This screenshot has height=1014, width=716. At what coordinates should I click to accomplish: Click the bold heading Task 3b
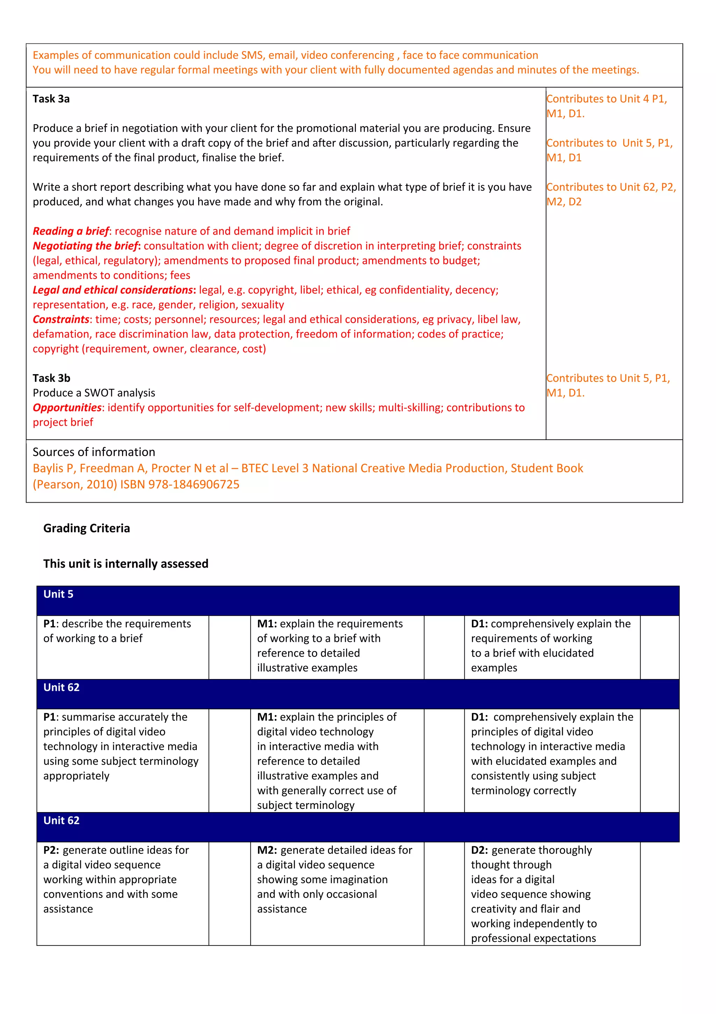point(51,378)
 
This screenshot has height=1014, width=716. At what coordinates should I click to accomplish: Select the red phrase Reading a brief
point(71,231)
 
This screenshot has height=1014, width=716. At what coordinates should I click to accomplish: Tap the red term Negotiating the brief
point(86,246)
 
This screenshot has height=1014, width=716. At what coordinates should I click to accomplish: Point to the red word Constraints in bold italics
point(61,319)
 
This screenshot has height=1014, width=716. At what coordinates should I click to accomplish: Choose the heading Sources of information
point(94,452)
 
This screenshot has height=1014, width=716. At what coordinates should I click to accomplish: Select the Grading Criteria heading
point(86,528)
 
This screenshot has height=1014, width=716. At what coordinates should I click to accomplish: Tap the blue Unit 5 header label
point(58,594)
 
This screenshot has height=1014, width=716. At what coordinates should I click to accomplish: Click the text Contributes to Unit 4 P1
point(606,99)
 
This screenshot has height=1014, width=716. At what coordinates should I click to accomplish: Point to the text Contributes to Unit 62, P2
point(610,187)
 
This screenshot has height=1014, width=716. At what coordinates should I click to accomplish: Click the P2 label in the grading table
point(51,850)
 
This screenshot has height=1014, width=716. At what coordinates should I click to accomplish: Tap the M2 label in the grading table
point(266,850)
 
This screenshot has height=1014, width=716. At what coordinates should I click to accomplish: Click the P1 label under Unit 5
point(49,624)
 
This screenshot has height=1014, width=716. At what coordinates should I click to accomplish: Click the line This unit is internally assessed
point(126,564)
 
